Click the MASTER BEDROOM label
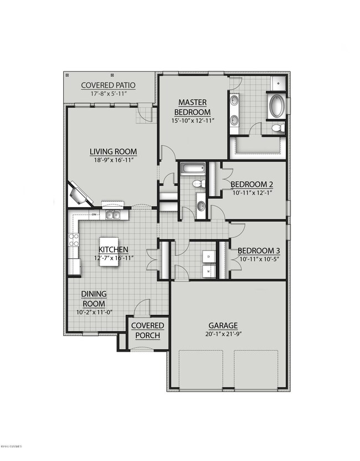192,106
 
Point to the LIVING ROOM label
114,152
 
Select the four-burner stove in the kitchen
73,239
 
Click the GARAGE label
223,326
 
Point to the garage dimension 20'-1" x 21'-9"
223,334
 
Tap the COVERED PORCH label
148,330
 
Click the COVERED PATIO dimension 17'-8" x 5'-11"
109,94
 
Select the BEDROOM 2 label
251,185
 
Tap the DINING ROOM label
94,299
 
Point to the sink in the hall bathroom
200,207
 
